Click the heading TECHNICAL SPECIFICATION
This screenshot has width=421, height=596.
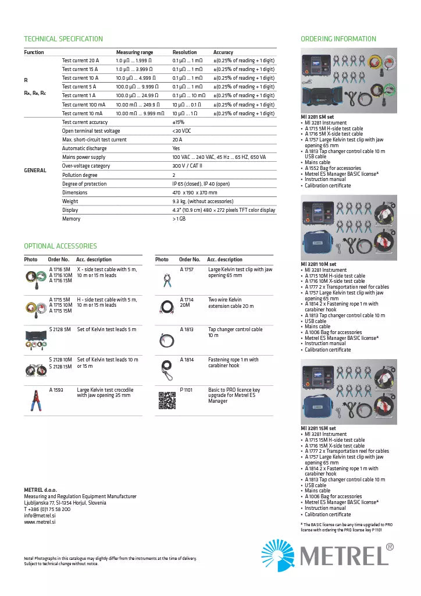(63, 39)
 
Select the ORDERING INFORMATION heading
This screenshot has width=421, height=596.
(338, 39)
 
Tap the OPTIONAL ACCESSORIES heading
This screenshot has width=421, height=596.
(60, 246)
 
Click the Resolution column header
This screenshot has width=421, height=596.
(184, 52)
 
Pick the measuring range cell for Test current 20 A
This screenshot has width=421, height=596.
(134, 61)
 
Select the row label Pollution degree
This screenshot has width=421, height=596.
(80, 175)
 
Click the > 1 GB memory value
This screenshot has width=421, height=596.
(179, 219)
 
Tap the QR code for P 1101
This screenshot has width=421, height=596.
(166, 400)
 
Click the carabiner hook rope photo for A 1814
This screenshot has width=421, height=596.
(166, 368)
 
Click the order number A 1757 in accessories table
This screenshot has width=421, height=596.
(187, 270)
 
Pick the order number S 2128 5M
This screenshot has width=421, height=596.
(60, 329)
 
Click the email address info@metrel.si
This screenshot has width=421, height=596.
(40, 516)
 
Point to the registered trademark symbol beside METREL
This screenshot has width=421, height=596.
(390, 547)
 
